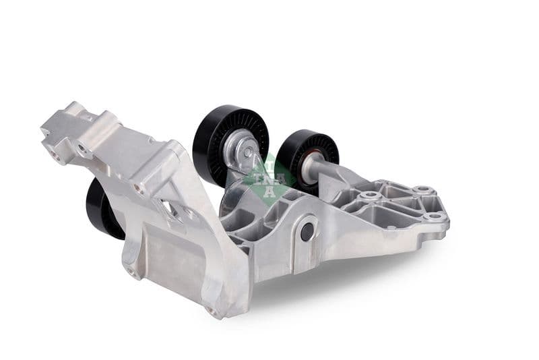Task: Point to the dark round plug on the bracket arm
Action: [x=307, y=231]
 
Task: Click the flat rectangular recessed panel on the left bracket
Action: [x=162, y=253]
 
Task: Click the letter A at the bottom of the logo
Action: [x=267, y=190]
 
